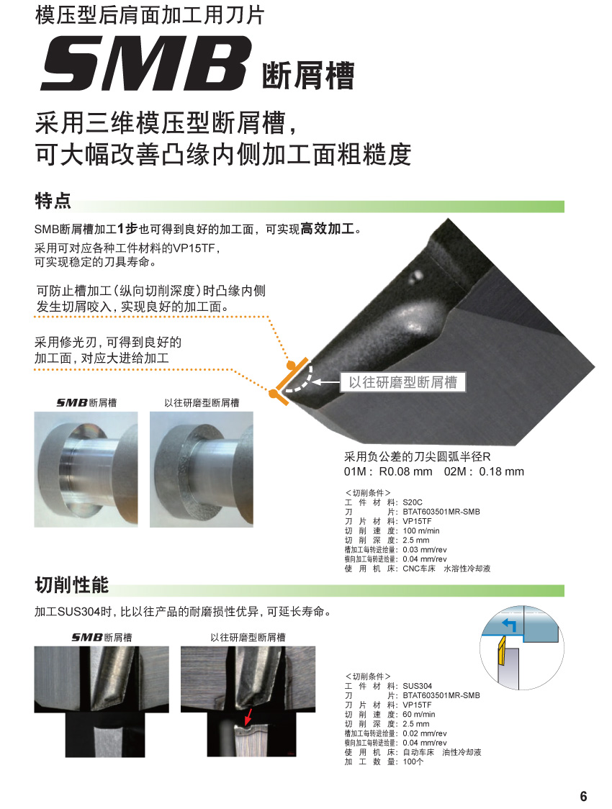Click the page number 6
pos(584,796)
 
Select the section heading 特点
pos(53,200)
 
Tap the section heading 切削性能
pos(72,584)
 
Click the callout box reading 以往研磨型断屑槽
pos(403,382)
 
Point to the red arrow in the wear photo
pos(248,716)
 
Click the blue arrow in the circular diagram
pos(509,625)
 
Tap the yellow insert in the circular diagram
pos(500,653)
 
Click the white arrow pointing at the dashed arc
pos(325,382)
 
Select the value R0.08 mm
pos(405,471)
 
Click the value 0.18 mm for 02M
pos(502,471)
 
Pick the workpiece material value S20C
pos(413,502)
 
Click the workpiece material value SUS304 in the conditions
pos(418,686)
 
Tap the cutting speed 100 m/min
pos(421,530)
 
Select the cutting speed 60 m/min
pos(419,714)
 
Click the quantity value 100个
pos(413,761)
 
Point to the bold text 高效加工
pos(328,229)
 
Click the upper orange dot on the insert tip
pos(291,366)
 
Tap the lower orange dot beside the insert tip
pos(273,394)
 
